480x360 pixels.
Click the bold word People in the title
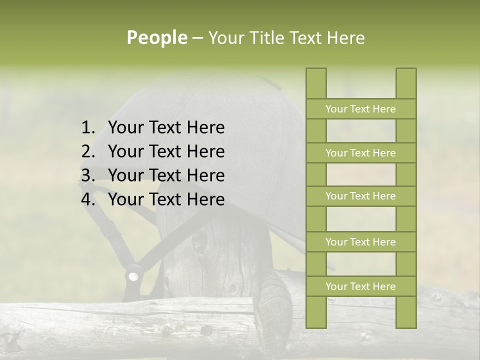[x=157, y=37]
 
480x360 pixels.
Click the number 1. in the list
[x=88, y=127]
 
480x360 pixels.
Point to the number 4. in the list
[x=88, y=199]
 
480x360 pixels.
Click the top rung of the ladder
[x=360, y=109]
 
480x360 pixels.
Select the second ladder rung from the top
[x=360, y=153]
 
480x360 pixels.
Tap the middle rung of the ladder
[x=360, y=196]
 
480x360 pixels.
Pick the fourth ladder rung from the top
[x=360, y=242]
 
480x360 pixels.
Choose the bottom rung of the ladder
[x=360, y=286]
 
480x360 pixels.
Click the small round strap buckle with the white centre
[x=133, y=276]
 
